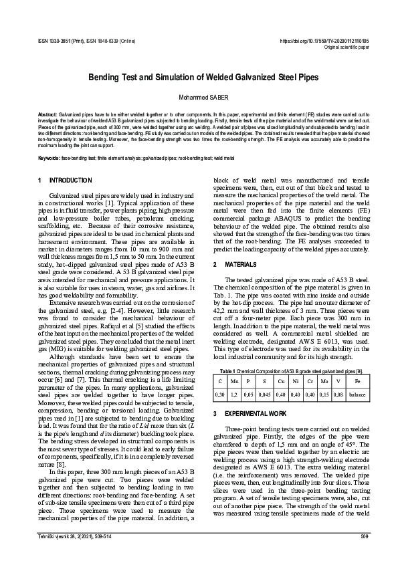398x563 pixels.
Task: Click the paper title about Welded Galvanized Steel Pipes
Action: (199, 78)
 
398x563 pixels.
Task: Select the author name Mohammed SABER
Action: (199, 97)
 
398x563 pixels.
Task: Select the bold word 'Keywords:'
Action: (49, 158)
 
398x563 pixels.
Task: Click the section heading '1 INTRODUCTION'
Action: (66, 181)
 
